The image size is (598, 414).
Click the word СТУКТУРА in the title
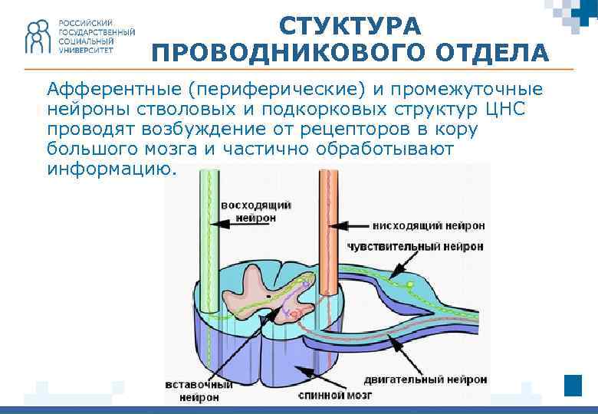coord(350,26)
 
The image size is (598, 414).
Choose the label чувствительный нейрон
coord(416,247)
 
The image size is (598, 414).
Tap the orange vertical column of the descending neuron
coord(328,230)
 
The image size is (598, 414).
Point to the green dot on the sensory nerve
coord(410,284)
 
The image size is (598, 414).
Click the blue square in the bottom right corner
coord(573,385)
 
